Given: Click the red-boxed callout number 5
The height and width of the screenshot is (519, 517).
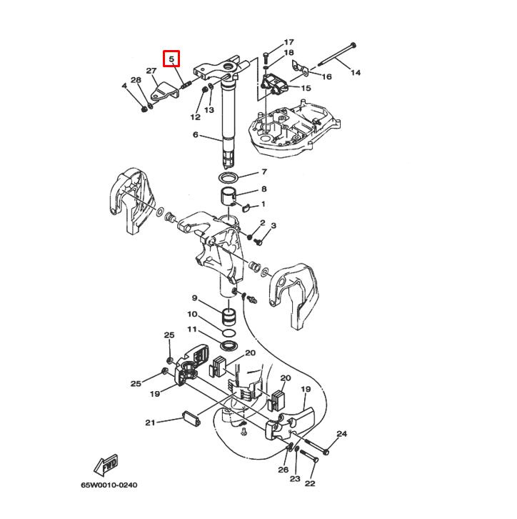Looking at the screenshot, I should (x=172, y=59).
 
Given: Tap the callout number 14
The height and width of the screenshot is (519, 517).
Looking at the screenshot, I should (x=356, y=72).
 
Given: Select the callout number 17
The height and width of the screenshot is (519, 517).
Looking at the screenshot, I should (x=289, y=42).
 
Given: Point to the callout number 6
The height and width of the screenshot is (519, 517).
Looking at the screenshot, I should (x=195, y=135).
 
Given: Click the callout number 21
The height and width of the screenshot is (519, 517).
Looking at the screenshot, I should (x=150, y=422).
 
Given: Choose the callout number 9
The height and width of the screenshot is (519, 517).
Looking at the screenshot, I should (x=194, y=297).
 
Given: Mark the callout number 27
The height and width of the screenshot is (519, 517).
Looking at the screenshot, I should (x=151, y=71).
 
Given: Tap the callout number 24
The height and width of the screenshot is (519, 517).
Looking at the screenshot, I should (x=342, y=434).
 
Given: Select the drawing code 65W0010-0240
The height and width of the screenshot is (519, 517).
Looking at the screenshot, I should (x=109, y=485).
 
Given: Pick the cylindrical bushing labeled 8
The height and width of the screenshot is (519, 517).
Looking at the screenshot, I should (x=229, y=197).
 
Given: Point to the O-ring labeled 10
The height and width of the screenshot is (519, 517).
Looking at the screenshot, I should (x=229, y=334).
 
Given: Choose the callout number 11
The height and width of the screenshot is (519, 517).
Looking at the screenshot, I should (x=192, y=329).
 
